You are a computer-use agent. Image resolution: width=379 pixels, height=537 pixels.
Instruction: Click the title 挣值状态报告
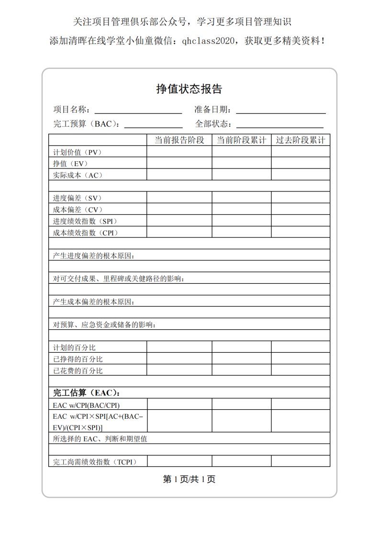click(189, 89)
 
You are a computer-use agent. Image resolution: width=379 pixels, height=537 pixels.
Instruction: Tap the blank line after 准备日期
click(281, 111)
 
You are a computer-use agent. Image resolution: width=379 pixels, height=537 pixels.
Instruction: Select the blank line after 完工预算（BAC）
click(153, 125)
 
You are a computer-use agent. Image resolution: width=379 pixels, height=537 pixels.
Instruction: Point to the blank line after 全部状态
click(279, 125)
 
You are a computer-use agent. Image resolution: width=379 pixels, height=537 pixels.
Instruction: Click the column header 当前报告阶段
click(179, 140)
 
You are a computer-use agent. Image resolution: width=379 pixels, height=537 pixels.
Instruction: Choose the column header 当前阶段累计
click(242, 140)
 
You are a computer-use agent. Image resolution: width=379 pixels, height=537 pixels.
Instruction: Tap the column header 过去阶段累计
click(301, 140)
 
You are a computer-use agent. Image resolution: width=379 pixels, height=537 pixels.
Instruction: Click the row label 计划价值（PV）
click(78, 152)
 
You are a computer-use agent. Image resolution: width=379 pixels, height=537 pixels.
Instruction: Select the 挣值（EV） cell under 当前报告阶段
click(179, 164)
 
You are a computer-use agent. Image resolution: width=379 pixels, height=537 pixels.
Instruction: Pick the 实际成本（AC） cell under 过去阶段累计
click(301, 175)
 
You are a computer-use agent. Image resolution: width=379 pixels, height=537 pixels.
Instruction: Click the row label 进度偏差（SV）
click(78, 198)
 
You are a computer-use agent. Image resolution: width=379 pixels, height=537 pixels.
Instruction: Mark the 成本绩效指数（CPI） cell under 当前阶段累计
click(242, 233)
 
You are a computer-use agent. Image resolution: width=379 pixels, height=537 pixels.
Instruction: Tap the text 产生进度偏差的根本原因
click(94, 256)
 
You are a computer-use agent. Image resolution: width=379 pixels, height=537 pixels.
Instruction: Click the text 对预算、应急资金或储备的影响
click(104, 324)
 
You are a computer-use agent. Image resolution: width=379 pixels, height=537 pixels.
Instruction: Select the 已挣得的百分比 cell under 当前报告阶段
click(179, 359)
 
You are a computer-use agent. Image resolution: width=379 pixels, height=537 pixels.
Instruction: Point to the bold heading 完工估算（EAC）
click(86, 393)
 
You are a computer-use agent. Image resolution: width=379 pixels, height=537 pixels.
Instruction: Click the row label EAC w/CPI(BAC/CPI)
click(86, 405)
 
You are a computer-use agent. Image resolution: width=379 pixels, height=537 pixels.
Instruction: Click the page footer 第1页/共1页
click(189, 480)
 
